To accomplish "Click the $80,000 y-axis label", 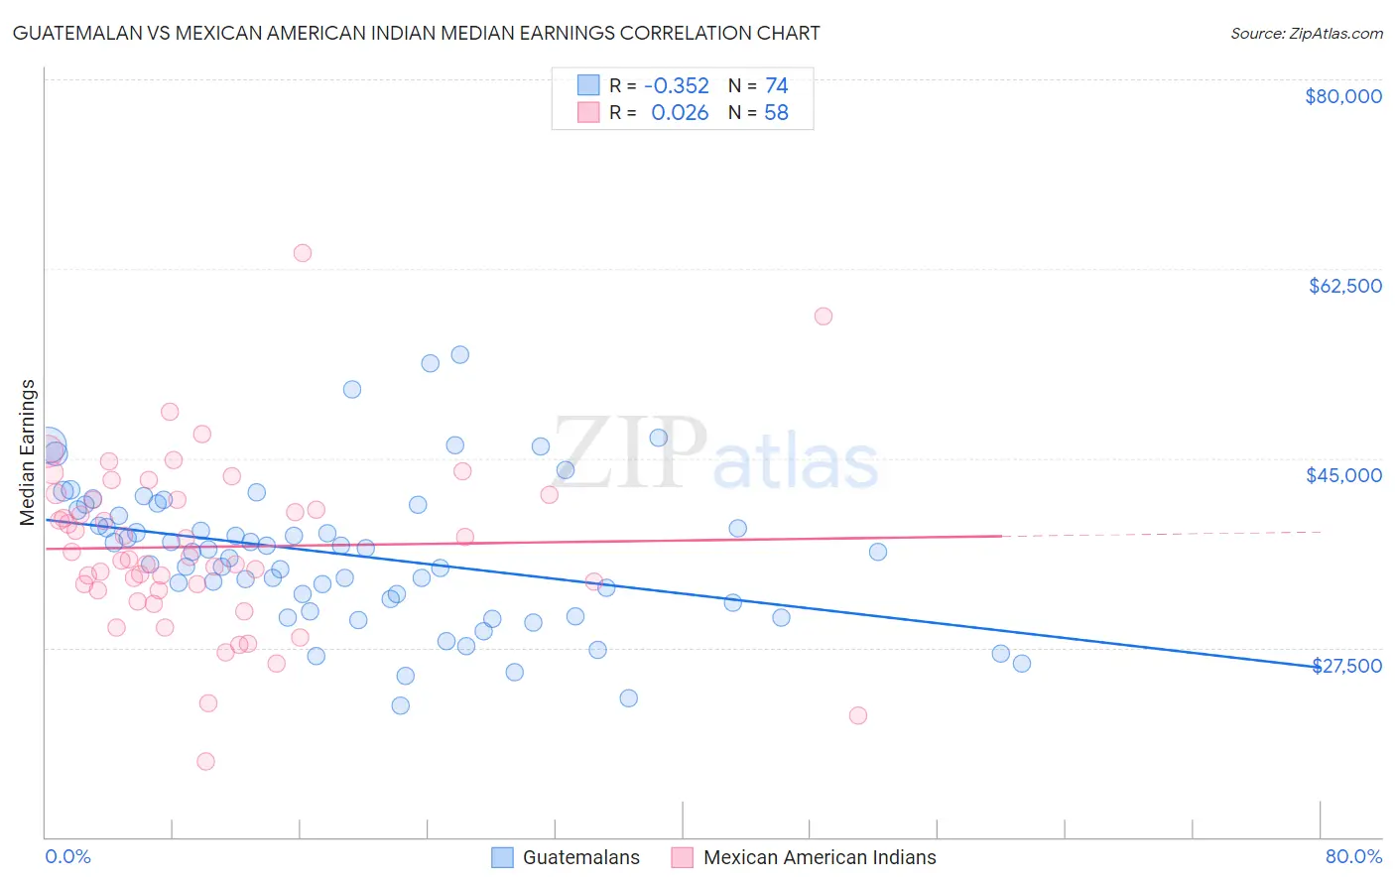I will tap(1342, 96).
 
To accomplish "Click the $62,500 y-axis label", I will tap(1344, 286).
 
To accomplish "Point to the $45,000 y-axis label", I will tap(1343, 475).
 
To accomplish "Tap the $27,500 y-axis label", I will tap(1346, 666).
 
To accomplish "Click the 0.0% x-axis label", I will tap(67, 856).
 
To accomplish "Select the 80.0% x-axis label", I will tap(1353, 856).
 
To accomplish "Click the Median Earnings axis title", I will tap(28, 451).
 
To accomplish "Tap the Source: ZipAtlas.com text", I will tap(1306, 33).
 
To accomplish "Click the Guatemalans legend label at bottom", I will tap(580, 857).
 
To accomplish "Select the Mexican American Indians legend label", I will tap(819, 857).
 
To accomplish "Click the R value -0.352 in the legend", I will tap(676, 86).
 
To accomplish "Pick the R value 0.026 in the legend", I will tap(680, 113).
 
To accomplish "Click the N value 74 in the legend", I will tap(776, 86).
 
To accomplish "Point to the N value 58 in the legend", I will tap(776, 113).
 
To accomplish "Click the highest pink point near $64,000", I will tap(303, 253).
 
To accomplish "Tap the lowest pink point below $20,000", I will tap(205, 761).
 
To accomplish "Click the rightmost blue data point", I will tap(1021, 664).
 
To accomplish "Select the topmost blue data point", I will tap(459, 354).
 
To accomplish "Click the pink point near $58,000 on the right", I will tap(823, 316).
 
